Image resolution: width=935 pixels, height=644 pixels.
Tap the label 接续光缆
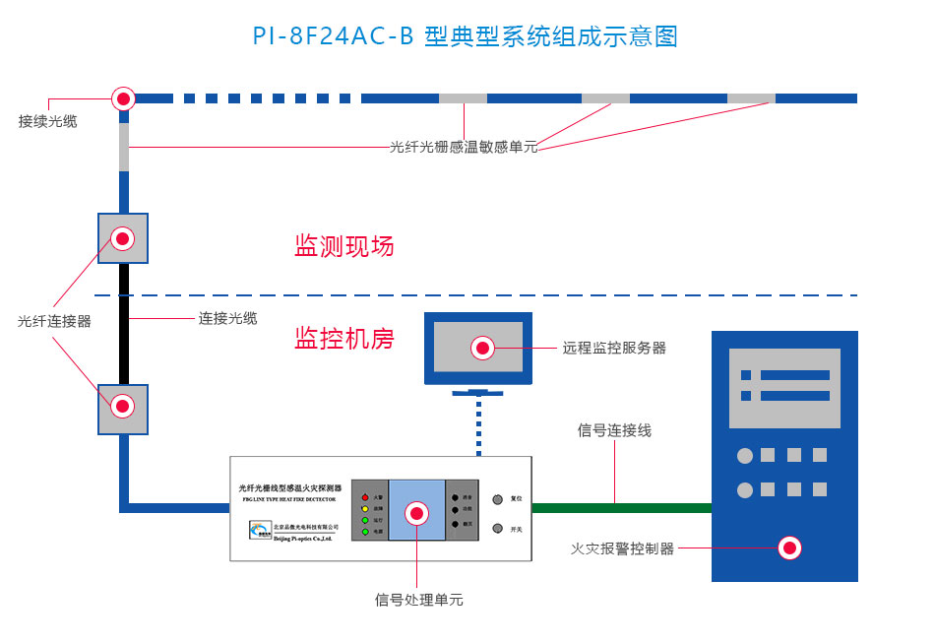click(x=47, y=121)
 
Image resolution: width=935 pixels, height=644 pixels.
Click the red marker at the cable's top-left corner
click(x=123, y=98)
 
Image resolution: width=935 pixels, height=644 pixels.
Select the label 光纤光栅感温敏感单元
click(x=464, y=148)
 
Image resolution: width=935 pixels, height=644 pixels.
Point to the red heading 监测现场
click(x=344, y=246)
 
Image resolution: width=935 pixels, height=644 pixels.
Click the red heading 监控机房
click(x=344, y=339)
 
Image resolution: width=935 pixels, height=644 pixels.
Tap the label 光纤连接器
click(x=54, y=321)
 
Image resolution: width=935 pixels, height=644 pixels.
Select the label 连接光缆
click(x=227, y=318)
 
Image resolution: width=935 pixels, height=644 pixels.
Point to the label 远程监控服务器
click(x=614, y=348)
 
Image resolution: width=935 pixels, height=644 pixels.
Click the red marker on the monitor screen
click(x=482, y=348)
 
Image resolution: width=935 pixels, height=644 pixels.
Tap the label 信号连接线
click(x=614, y=430)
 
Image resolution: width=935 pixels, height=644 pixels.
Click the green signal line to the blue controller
click(x=620, y=508)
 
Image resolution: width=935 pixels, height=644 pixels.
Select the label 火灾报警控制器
click(x=623, y=548)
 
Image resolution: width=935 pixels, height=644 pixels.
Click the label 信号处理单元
click(x=418, y=600)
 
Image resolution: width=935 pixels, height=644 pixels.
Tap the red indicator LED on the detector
click(x=364, y=497)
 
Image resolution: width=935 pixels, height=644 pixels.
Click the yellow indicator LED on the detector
click(x=364, y=509)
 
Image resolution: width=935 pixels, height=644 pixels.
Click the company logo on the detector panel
click(x=260, y=532)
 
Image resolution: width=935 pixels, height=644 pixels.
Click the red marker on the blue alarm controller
click(x=788, y=547)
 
